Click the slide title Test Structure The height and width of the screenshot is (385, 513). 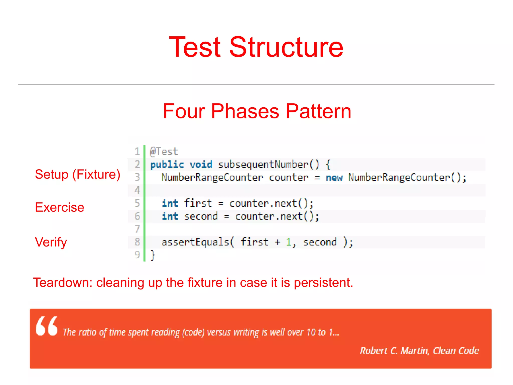click(x=256, y=47)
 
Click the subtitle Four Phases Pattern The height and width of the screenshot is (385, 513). click(x=257, y=111)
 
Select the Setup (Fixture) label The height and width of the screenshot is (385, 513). click(x=77, y=174)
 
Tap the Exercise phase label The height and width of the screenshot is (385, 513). click(x=60, y=207)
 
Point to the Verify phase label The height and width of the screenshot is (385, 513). click(x=51, y=242)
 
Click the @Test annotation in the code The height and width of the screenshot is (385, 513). click(x=164, y=152)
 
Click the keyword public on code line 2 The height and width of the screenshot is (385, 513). click(x=167, y=165)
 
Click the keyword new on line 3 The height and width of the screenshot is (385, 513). click(x=334, y=178)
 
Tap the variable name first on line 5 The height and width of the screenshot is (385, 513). click(x=198, y=203)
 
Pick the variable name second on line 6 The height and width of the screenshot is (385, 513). click(x=201, y=216)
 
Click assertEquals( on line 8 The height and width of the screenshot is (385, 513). click(x=198, y=242)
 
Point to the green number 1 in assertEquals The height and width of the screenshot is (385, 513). click(x=289, y=242)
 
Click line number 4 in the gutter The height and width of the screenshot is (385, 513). click(x=137, y=190)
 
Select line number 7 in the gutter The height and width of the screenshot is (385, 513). click(x=137, y=229)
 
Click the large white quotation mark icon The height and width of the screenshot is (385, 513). click(x=47, y=326)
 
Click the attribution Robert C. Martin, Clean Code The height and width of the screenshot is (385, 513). click(x=419, y=351)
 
